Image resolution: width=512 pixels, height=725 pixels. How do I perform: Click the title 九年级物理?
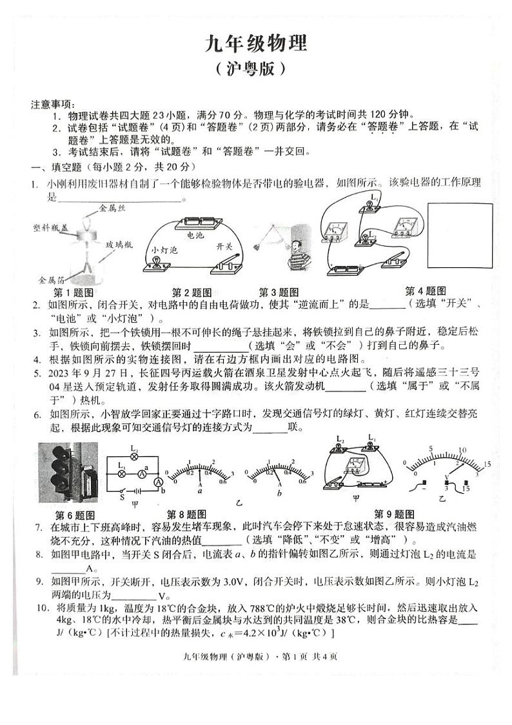pos(256,43)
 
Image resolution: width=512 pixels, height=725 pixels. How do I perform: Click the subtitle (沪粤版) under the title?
pos(256,69)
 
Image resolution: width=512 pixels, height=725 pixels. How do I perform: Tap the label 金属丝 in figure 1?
pos(110,208)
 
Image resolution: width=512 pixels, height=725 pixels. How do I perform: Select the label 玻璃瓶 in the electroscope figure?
pos(119,240)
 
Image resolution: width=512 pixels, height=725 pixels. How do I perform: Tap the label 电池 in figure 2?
pos(195,236)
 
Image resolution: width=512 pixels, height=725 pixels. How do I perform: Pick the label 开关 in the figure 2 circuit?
pos(224,247)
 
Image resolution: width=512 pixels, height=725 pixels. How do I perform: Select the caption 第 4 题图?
pos(426,291)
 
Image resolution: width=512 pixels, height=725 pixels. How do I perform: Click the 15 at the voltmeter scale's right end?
pos(487,464)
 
